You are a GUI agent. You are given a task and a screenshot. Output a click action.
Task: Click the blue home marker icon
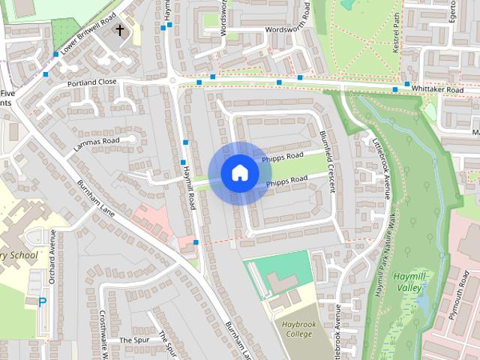point(239,172)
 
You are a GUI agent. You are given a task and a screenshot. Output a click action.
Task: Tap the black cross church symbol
point(120,31)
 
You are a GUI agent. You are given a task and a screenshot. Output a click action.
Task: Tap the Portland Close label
point(91,82)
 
